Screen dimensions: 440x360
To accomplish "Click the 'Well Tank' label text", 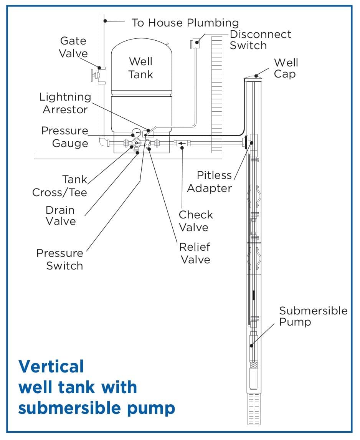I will [x=141, y=68].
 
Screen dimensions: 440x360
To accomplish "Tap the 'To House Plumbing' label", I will [x=185, y=23].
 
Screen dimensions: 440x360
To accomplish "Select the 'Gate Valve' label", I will [x=73, y=47].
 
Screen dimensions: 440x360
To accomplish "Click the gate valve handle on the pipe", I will [x=93, y=74].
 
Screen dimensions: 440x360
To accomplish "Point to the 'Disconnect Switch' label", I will [x=260, y=40].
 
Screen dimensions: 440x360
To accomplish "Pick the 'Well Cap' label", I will [x=286, y=68].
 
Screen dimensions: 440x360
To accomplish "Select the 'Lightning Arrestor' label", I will [x=65, y=103].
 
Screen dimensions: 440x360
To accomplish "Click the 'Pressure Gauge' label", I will [x=65, y=137].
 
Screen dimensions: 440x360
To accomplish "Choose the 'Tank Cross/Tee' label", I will [x=59, y=186].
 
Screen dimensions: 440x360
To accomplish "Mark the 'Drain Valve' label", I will [x=60, y=216].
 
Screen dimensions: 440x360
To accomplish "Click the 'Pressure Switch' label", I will [x=60, y=260].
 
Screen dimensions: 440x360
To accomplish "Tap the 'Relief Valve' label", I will [x=195, y=253].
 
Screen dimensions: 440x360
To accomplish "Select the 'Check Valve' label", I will [x=195, y=221].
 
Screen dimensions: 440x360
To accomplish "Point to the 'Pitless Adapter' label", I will [x=214, y=182].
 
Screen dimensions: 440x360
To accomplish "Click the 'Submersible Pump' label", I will [x=313, y=316].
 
